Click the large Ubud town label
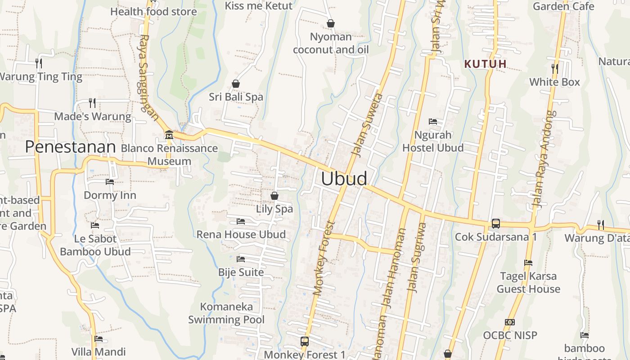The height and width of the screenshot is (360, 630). pos(344,179)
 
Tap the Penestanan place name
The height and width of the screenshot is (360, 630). pos(70,147)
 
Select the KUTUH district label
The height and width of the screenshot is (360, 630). pos(486,64)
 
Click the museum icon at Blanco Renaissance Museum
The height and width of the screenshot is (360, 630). pos(169,135)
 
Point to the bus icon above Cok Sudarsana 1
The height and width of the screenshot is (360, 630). pos(495,223)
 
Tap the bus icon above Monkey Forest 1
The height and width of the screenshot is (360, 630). pos(305,341)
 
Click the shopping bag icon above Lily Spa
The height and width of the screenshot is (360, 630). pos(274,196)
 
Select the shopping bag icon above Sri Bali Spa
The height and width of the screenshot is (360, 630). pos(235,84)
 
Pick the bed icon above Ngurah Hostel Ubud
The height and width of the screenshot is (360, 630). pos(433,121)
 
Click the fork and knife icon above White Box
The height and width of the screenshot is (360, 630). pos(555,68)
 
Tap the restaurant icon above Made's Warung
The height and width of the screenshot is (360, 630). pos(92,103)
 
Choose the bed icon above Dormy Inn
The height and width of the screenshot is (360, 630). pos(110,182)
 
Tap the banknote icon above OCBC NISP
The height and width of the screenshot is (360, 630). pos(510,322)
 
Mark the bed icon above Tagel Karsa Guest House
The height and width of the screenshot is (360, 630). pos(528,262)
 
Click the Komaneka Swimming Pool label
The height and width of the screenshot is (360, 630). pos(226,313)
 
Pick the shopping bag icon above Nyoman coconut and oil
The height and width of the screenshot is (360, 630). pos(331,23)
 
